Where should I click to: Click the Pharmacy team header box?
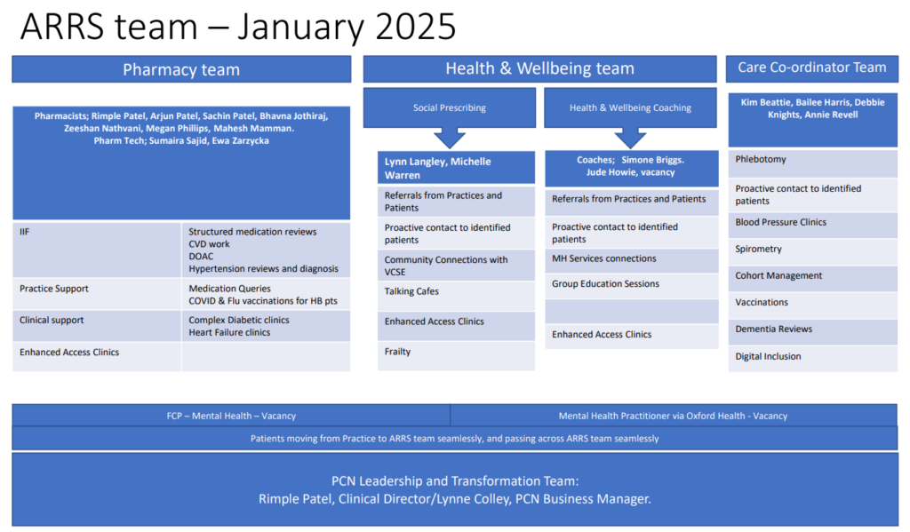181,69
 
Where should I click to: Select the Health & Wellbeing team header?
539,68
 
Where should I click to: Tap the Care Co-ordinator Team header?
812,68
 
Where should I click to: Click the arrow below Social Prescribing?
450,138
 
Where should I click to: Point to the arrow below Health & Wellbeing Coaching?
630,138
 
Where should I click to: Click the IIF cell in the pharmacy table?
97,250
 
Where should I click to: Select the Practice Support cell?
97,294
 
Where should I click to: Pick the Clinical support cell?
97,325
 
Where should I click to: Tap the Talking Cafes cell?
456,296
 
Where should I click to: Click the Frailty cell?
456,355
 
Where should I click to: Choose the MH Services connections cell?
632,261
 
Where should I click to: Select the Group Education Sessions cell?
632,286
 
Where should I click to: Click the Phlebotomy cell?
812,163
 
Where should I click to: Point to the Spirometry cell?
812,251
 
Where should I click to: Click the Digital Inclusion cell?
812,359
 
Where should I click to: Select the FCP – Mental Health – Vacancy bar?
231,416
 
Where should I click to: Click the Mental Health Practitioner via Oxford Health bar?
674,416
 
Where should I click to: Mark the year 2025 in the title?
416,26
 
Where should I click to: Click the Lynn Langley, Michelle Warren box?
456,168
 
